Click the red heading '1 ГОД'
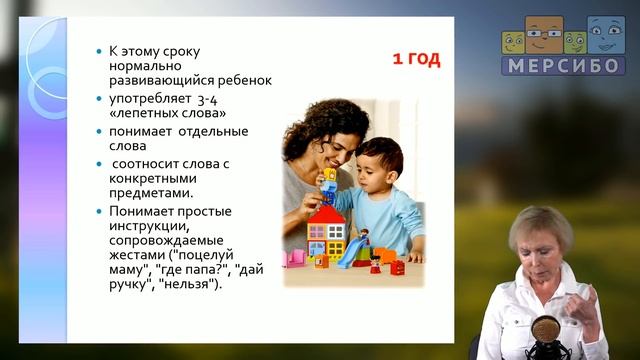coord(415,59)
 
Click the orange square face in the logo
coord(543,35)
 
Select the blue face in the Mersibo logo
coord(605,35)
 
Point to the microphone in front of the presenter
coord(548,334)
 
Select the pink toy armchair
coord(294,259)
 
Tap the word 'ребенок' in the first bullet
coord(244,81)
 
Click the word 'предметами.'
coord(151,192)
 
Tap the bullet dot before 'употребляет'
coord(98,99)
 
